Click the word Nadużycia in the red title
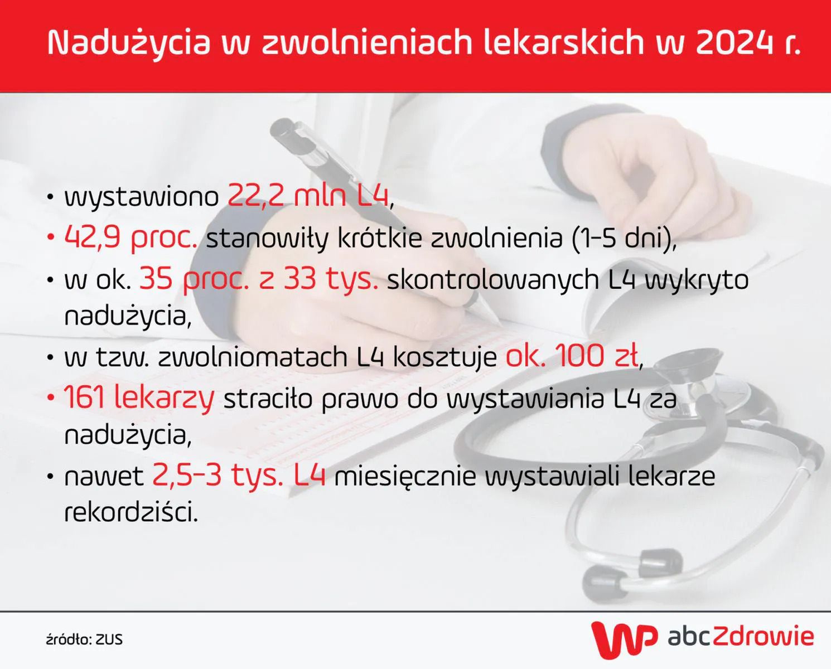[129, 42]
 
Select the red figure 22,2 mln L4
[308, 196]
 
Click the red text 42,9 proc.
[131, 238]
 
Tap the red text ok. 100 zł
[572, 356]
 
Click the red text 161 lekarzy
[139, 398]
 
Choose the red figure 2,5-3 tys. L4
[239, 476]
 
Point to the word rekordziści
[131, 512]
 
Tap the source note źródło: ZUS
[84, 639]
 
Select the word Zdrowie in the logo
[762, 636]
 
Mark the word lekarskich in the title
[563, 42]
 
